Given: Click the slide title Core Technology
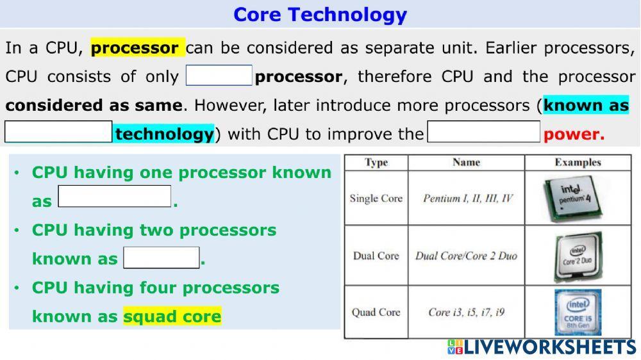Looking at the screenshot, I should [x=320, y=14].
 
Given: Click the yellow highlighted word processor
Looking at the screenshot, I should [x=137, y=48].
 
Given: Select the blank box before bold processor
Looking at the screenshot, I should [x=219, y=76].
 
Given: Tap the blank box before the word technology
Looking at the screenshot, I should [x=58, y=132].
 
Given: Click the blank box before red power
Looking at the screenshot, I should [x=484, y=132].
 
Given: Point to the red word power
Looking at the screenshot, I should [x=574, y=135].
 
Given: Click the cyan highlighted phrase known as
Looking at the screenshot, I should [x=586, y=106].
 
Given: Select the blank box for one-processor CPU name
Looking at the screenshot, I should [x=115, y=197].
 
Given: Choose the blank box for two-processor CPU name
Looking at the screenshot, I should [x=161, y=258].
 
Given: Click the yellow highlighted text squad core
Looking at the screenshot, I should [x=172, y=316].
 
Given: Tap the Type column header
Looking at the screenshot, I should [x=376, y=163].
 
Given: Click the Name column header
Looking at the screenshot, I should [x=466, y=163].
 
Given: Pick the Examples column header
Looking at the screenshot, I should [x=578, y=163].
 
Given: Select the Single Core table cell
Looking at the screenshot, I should [x=376, y=199].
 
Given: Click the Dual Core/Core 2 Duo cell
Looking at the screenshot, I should [x=466, y=256].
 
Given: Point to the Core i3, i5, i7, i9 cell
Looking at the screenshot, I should [x=466, y=313].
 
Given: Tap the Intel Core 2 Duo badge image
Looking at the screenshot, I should [x=577, y=256].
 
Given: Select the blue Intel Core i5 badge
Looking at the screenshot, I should [x=577, y=312].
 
